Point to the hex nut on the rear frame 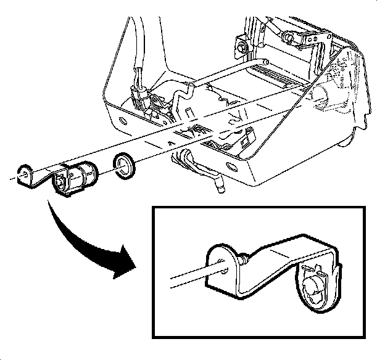[x=241, y=46]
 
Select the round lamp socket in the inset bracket [x=315, y=287]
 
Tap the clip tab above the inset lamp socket [x=316, y=269]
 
